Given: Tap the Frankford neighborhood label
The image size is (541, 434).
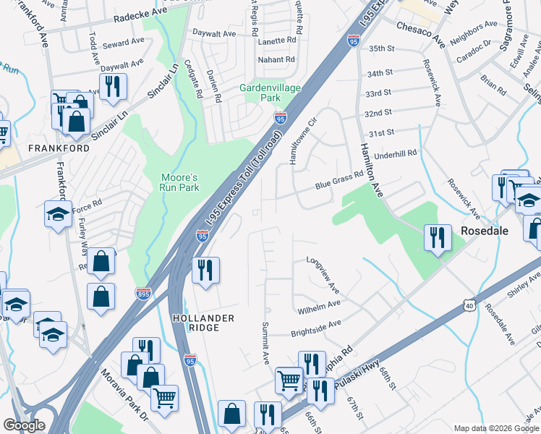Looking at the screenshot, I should coord(59,148).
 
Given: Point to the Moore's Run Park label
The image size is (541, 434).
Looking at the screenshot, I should coord(179,181).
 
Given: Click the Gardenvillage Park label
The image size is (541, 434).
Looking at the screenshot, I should coord(260,93).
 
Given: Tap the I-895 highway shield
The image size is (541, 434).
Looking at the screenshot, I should coord(143,293).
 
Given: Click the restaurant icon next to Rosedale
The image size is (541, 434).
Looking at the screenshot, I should coord(438,237).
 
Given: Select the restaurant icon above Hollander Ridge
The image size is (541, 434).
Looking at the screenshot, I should coord(205,270).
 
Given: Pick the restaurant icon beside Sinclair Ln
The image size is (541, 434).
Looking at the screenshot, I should coord(112,86).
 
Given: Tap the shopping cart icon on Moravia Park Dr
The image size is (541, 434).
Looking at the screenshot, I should coord(164,396).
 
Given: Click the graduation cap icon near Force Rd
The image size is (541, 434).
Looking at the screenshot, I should coord(58,213).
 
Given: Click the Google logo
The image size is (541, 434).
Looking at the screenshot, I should coord(24,425).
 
